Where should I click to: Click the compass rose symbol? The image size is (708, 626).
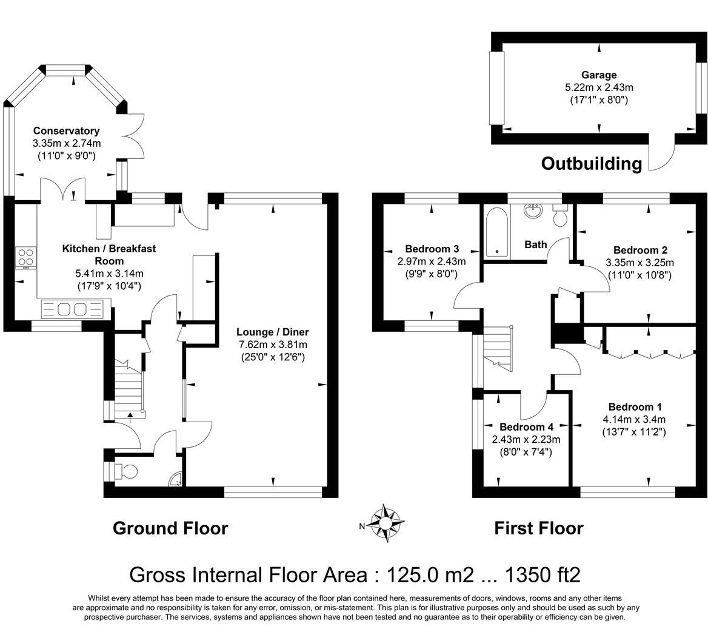point(385,523)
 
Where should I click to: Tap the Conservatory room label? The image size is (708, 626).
point(67,131)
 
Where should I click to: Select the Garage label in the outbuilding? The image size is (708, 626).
point(599,75)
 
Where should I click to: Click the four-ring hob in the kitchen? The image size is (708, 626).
point(25,258)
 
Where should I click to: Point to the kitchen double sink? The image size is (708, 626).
point(72,309)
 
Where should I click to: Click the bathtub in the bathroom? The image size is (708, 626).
point(496,232)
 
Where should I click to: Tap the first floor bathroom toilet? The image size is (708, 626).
point(560,215)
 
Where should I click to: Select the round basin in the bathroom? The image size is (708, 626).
point(533,211)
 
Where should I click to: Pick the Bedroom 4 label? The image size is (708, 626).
point(526,427)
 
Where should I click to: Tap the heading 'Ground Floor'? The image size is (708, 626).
point(170,528)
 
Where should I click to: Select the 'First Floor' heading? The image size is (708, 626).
point(539,528)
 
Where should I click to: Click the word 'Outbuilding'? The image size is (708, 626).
point(592,164)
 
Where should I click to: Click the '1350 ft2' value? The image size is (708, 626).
point(543,575)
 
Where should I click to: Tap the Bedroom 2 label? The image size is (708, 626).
point(640,251)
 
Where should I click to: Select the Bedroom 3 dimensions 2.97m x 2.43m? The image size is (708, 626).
point(432,261)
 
